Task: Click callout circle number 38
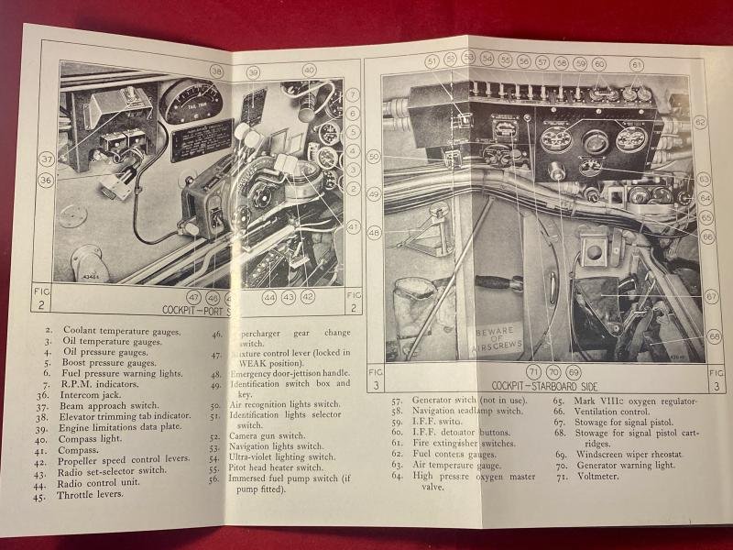coord(216,71)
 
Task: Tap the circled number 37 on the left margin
coord(46,159)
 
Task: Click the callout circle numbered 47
coord(194,297)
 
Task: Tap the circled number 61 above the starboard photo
coord(636,64)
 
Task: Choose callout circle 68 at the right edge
coord(714,337)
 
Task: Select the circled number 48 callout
coord(374,233)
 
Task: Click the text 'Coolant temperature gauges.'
coord(121,331)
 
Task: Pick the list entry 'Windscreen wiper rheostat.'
coord(637,454)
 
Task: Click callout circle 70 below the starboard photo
coord(552,373)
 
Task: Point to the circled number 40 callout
coord(309,70)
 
